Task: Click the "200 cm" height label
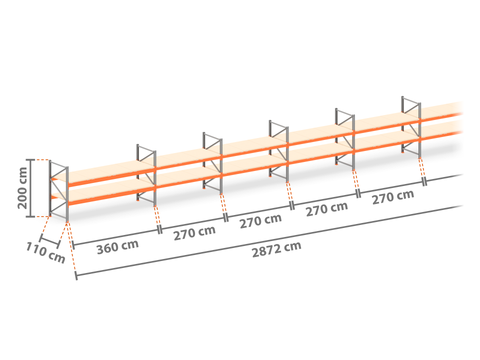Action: point(23,188)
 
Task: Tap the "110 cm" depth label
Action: point(46,253)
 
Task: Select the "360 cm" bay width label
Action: point(117,247)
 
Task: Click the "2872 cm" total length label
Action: point(276,249)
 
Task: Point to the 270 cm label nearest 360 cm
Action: point(194,233)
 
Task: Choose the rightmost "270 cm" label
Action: point(393,197)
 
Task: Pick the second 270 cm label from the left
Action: point(261,221)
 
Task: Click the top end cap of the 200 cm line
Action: point(31,160)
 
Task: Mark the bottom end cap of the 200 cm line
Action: point(31,217)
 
